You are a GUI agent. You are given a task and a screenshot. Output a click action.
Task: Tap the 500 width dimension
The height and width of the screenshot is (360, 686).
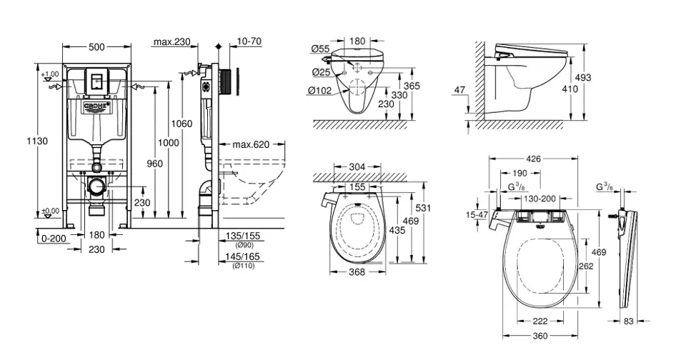click(x=96, y=46)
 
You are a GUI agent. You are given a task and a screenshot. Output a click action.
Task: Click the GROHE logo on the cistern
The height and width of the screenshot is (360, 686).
click(x=97, y=107)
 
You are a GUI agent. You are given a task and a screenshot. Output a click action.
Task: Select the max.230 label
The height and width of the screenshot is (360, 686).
click(x=171, y=42)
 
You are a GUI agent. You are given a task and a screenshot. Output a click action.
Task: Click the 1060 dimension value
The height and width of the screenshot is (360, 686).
click(x=183, y=124)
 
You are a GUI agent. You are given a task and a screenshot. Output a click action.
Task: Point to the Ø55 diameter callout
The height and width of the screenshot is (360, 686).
click(x=320, y=49)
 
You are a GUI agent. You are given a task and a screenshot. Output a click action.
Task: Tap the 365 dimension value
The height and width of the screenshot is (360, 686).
click(x=427, y=86)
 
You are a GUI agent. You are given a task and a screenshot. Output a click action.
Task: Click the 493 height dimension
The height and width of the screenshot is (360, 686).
click(x=584, y=77)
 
